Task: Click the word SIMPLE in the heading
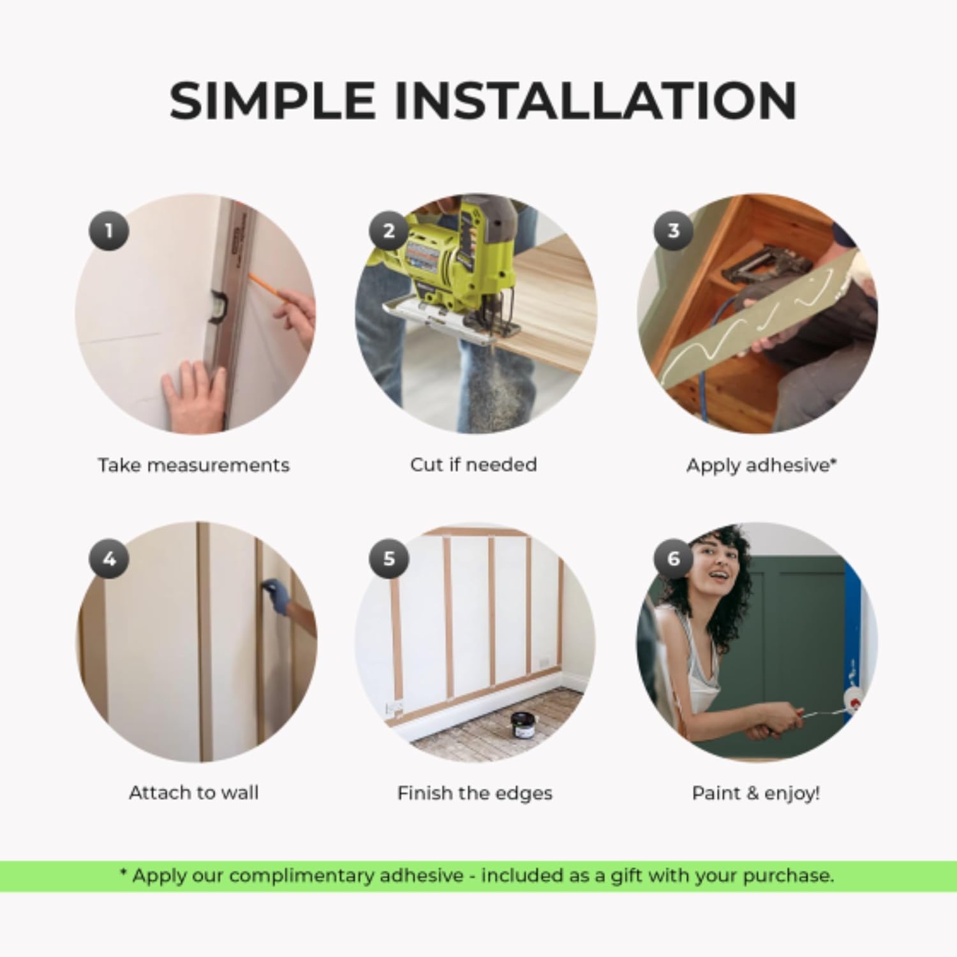coord(272,100)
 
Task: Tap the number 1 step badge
coord(108,230)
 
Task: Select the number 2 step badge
coord(389,230)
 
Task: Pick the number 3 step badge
coord(673,230)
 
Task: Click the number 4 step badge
coord(108,559)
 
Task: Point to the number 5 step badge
coord(389,559)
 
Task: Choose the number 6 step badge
coord(673,559)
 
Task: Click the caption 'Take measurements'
coord(193,465)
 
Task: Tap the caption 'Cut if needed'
coord(473,464)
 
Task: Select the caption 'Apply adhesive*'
coord(760,465)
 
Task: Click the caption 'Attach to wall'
coord(193,793)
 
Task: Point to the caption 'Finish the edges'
coord(475,793)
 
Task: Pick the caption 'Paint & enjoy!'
coord(756,793)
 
